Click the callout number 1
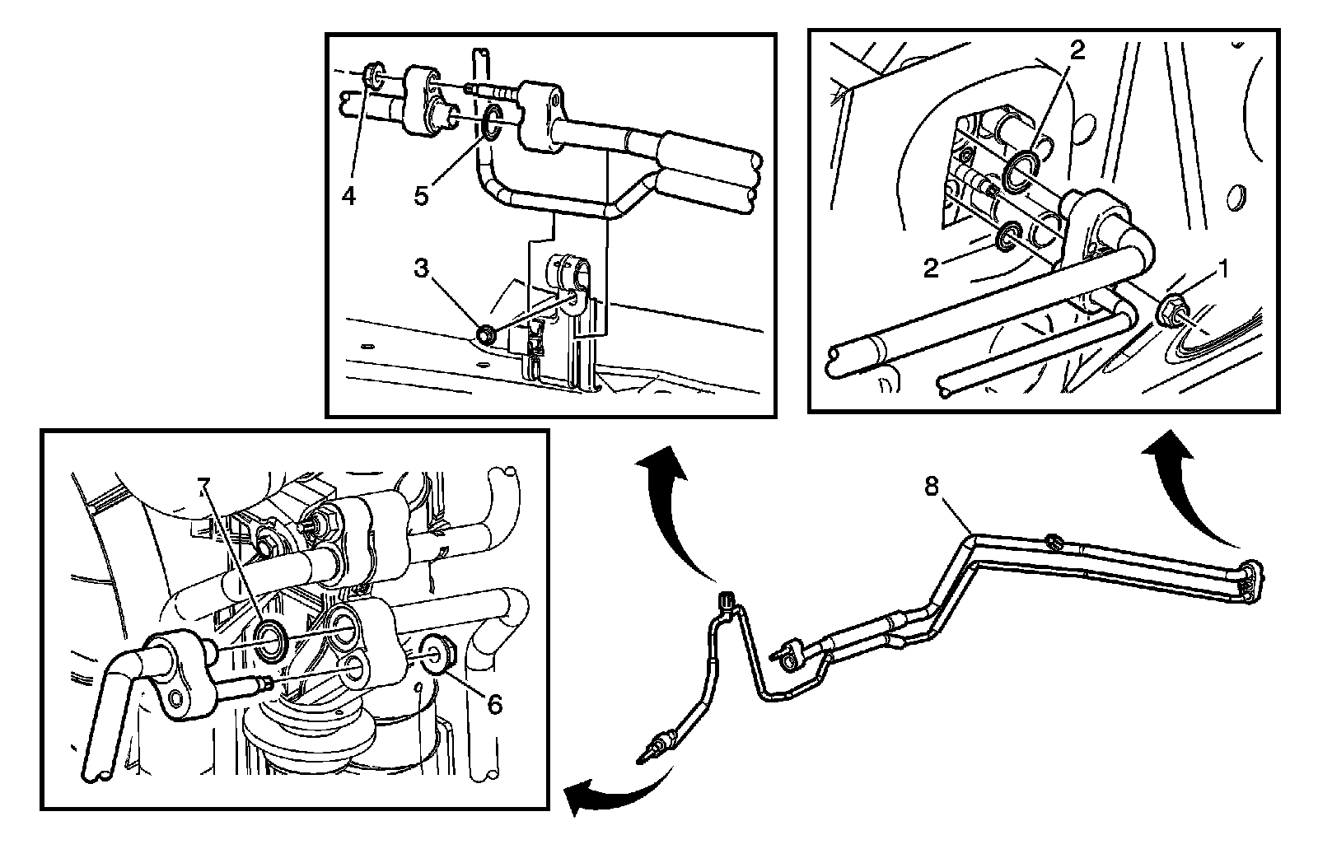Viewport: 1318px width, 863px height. [x=1224, y=268]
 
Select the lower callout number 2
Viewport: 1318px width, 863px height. [x=932, y=268]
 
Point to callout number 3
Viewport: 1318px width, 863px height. [x=422, y=268]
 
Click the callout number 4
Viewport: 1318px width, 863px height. [x=349, y=196]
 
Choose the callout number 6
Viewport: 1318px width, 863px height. [x=494, y=704]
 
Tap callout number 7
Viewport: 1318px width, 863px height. [x=203, y=485]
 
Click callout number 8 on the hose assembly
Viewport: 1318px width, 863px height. [x=931, y=487]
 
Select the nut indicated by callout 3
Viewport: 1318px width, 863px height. [x=487, y=334]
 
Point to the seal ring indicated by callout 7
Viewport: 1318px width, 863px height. [x=271, y=641]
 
